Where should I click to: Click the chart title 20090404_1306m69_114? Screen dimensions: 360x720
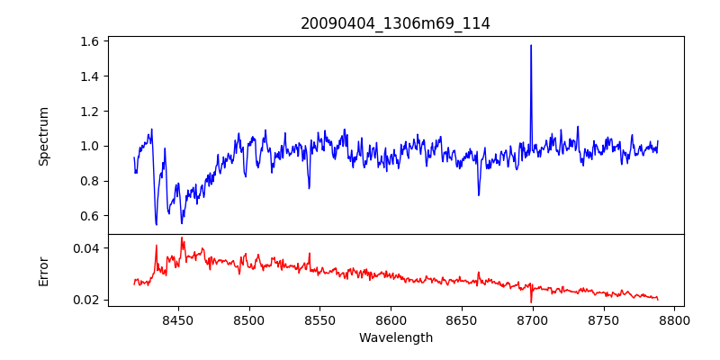click(395, 23)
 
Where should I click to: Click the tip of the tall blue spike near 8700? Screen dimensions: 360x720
click(531, 45)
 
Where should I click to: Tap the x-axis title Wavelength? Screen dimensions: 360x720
click(395, 338)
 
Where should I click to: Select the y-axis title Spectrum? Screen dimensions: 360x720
click(43, 136)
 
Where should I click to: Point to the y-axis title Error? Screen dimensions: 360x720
click(43, 270)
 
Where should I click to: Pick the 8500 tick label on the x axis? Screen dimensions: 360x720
click(248, 319)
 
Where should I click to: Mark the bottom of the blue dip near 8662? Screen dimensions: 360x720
click(479, 194)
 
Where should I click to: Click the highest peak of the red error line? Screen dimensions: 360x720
click(182, 238)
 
